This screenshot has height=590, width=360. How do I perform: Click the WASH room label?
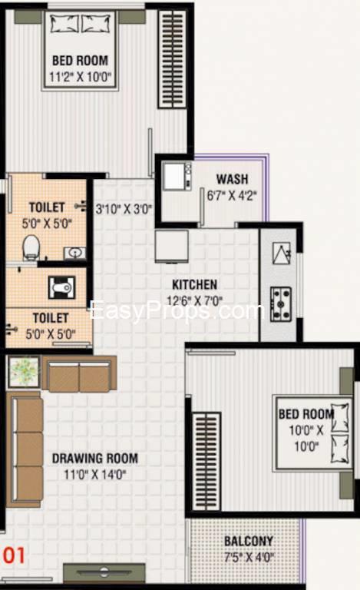coord(232,179)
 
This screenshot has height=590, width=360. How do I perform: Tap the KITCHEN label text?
coord(194,284)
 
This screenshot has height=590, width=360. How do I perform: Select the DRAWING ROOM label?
coord(94,458)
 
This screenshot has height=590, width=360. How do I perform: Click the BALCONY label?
coord(249,541)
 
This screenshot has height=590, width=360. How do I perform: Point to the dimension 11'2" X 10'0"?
coord(81,77)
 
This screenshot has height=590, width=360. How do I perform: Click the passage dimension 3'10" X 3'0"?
coord(124,208)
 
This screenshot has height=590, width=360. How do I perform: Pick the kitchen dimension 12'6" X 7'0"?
coord(195,300)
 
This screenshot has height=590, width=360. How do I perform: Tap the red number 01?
coord(15,555)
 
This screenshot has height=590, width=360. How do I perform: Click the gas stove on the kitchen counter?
coord(281,303)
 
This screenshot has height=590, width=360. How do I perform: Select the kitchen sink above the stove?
coord(281,254)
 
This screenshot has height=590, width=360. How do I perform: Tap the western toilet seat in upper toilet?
coord(31,247)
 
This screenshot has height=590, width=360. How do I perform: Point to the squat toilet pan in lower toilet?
coord(61,288)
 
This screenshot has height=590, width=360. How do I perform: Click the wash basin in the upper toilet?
coord(74,253)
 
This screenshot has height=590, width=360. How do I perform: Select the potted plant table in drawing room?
coord(24,372)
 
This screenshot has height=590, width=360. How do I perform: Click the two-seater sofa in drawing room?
coord(79,374)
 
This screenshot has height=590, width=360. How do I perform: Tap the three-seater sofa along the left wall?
coord(25,449)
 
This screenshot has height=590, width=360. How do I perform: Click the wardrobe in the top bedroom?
coord(172,59)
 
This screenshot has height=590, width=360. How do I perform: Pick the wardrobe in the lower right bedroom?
coord(206,462)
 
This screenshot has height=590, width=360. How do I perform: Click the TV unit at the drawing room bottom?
coord(104,572)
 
